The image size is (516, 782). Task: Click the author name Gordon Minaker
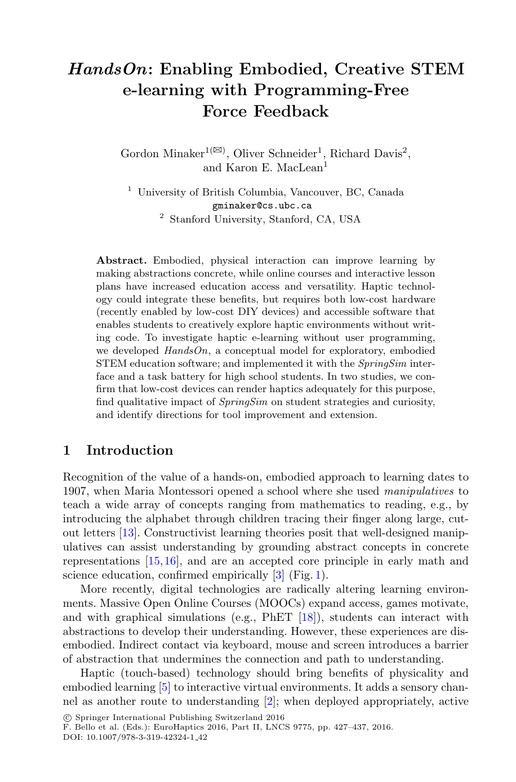(x=162, y=154)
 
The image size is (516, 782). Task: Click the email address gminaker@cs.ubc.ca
(x=262, y=206)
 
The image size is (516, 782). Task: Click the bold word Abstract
(x=121, y=261)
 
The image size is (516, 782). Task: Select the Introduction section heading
(x=130, y=451)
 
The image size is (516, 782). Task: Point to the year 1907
(x=75, y=491)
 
